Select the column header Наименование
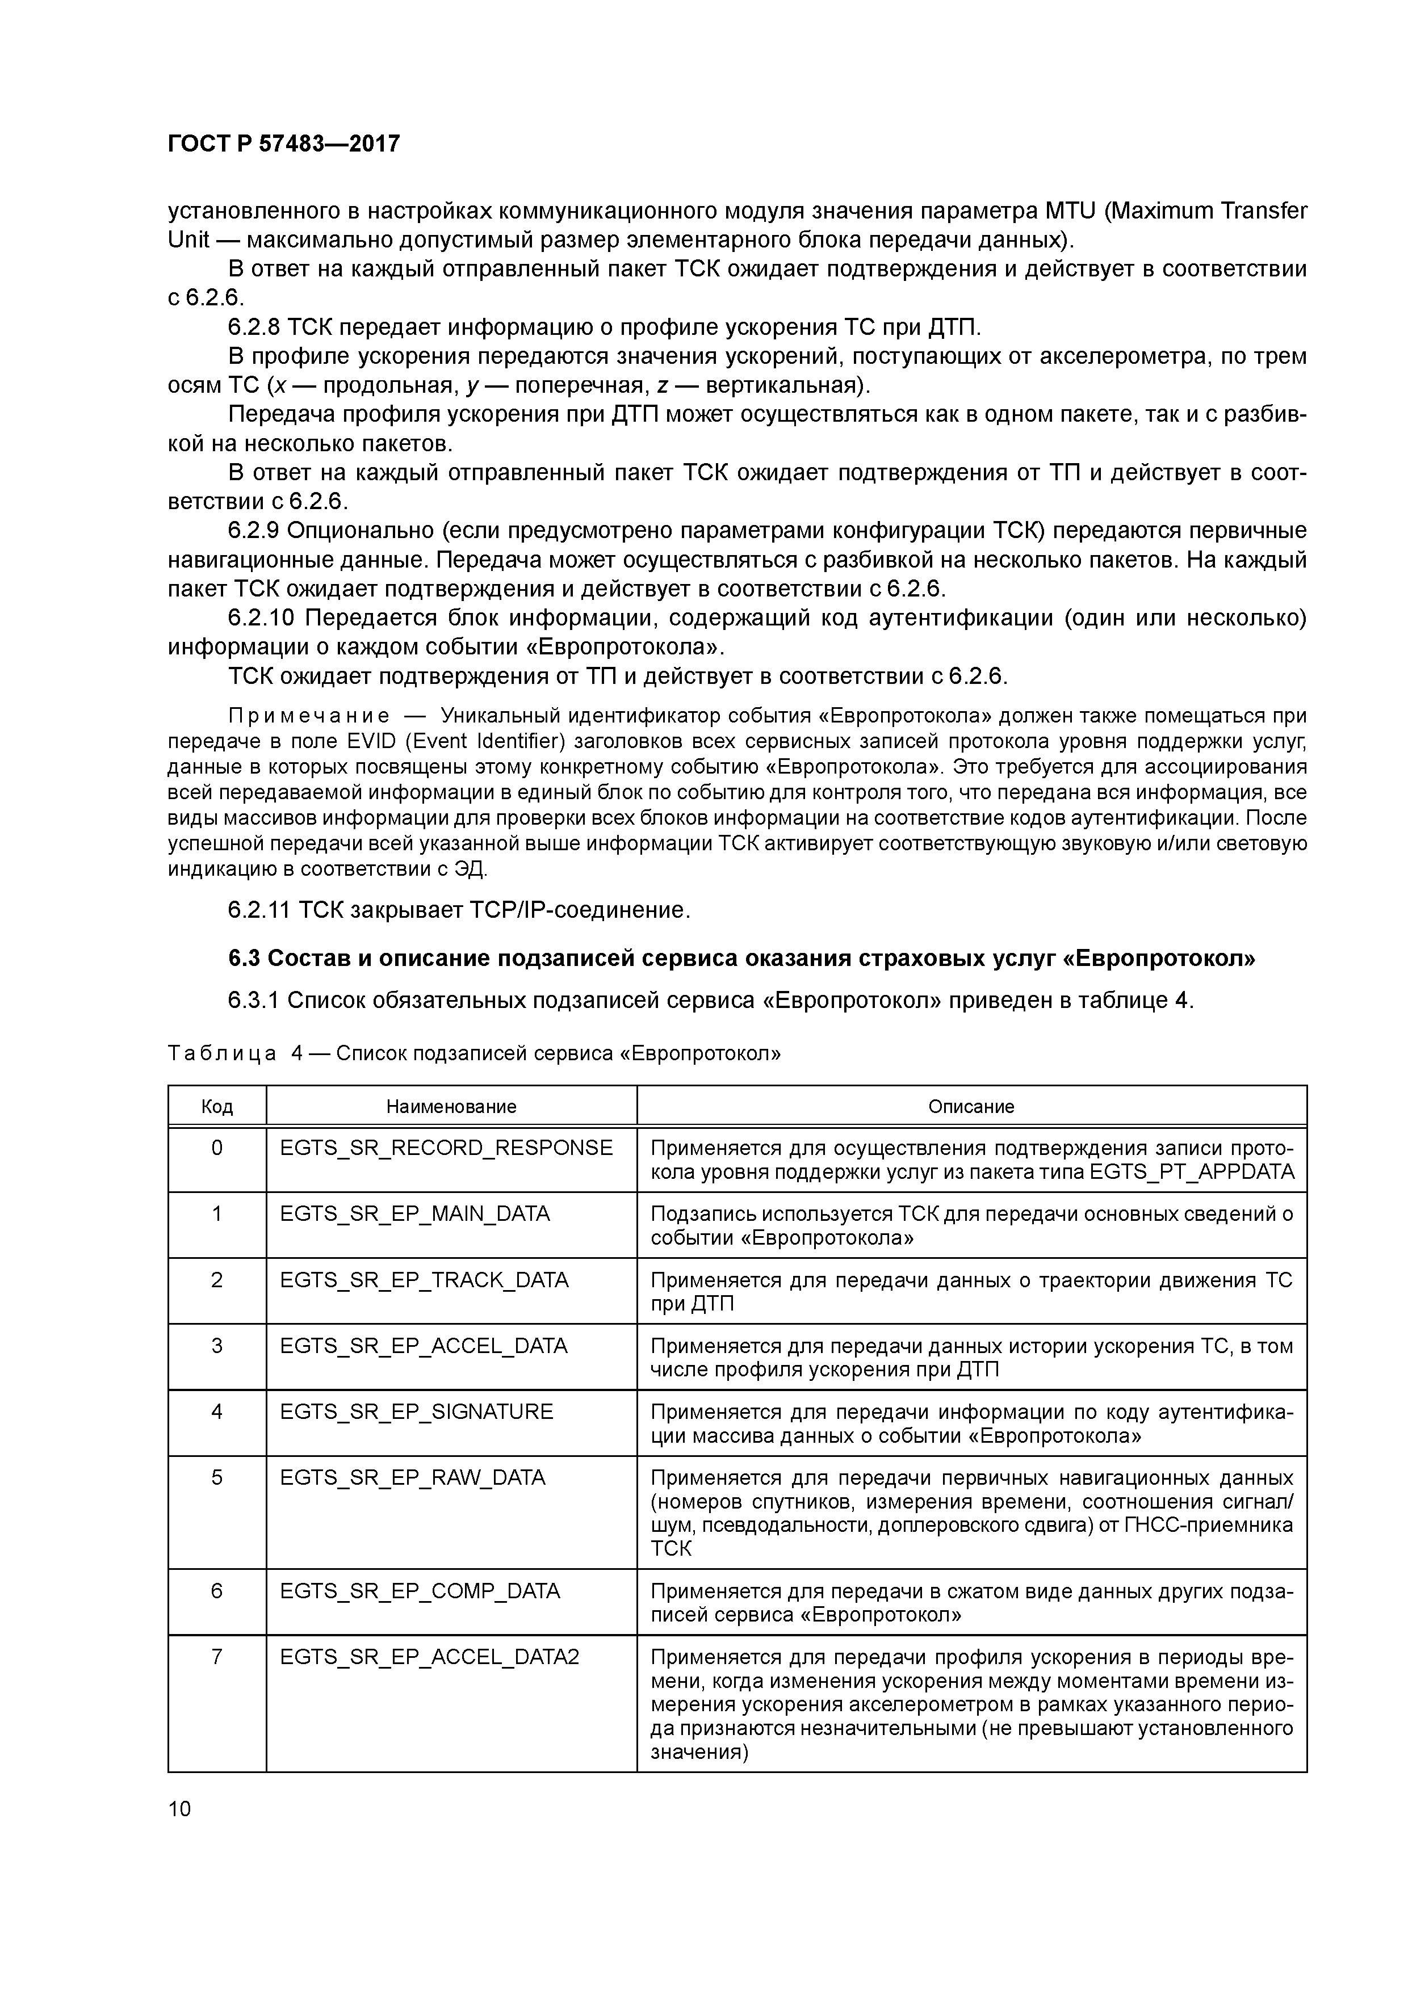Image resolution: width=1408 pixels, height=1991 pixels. point(451,1107)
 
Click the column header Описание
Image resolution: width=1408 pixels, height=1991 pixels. point(971,1107)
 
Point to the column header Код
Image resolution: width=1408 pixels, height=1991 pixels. point(217,1107)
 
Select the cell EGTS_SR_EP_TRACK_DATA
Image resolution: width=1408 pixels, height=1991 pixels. point(424,1280)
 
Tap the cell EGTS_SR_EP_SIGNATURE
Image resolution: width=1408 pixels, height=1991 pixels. point(416,1412)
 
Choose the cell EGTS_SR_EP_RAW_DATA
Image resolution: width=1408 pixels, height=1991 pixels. point(413,1477)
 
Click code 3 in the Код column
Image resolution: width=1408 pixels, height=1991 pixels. point(217,1346)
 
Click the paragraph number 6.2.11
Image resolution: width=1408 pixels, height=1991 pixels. point(258,910)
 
